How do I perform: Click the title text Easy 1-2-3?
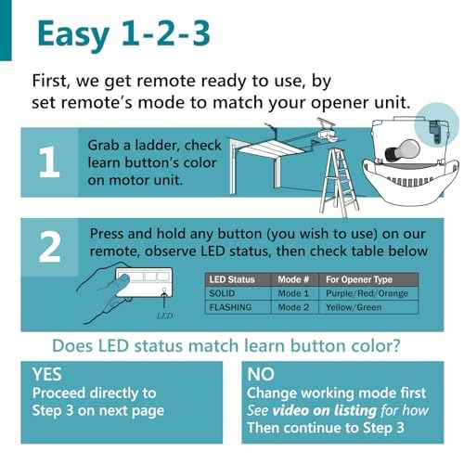tap(123, 33)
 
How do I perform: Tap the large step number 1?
tap(49, 162)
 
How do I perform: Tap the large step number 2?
tap(49, 247)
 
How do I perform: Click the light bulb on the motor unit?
tap(402, 151)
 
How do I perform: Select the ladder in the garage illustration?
tap(340, 183)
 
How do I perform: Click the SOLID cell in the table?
tap(222, 293)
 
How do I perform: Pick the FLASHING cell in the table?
tap(230, 307)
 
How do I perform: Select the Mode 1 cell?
tap(293, 293)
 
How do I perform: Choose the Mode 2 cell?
tap(293, 307)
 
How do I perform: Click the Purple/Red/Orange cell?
tap(367, 293)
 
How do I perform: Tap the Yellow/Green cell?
tap(354, 307)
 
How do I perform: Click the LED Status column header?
tap(232, 279)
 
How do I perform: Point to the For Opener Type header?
tap(359, 279)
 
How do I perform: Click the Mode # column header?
tap(293, 279)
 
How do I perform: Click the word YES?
tap(47, 374)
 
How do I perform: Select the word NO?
tap(261, 374)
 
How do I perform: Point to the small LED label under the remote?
tap(165, 316)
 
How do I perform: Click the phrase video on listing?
tap(324, 410)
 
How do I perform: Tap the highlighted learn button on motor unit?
tap(435, 132)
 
